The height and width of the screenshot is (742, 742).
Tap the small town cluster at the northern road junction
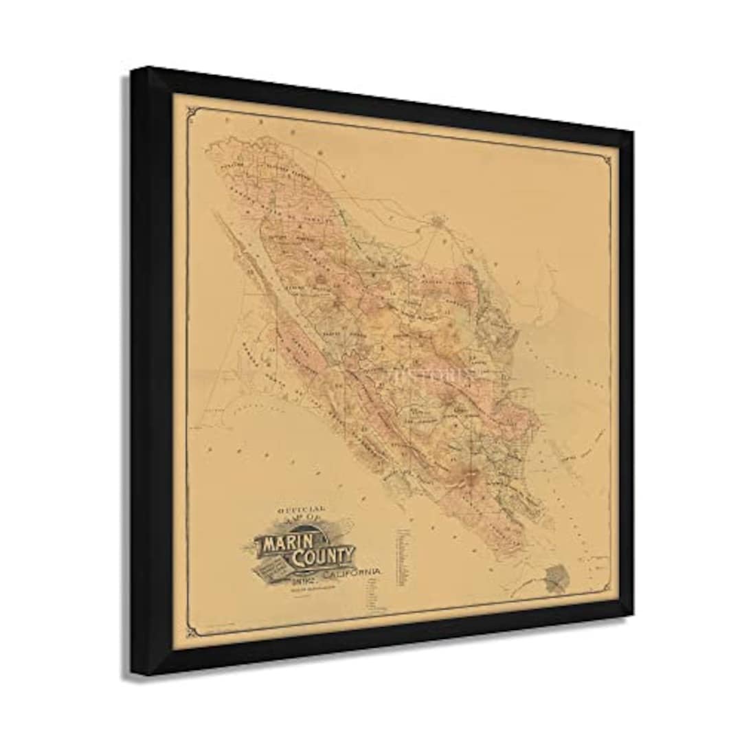(438, 221)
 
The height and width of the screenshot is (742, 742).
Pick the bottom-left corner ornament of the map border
(191, 631)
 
